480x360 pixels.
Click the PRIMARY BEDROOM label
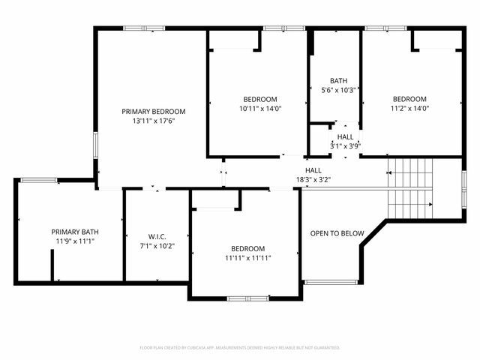[x=154, y=111]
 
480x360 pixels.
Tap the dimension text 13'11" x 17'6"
[x=154, y=121]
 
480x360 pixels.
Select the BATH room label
[x=338, y=81]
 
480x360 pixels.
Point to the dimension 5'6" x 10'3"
[x=338, y=90]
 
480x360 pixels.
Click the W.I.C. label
[x=156, y=236]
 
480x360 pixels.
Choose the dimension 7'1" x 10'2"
[x=156, y=245]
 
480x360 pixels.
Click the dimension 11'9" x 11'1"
[x=73, y=241]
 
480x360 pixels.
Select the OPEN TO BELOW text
[x=337, y=233]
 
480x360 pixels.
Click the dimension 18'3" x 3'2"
[x=313, y=180]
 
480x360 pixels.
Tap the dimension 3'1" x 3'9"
[x=345, y=146]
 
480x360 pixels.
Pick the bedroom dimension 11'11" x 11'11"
[x=247, y=258]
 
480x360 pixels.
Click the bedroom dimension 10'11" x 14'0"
[x=259, y=108]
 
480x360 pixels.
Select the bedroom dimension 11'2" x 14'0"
[x=409, y=108]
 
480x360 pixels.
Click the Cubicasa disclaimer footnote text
[x=240, y=348]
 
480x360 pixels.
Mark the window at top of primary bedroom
[x=144, y=28]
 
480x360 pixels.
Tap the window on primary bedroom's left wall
[x=94, y=145]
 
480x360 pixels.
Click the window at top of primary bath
[x=38, y=180]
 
